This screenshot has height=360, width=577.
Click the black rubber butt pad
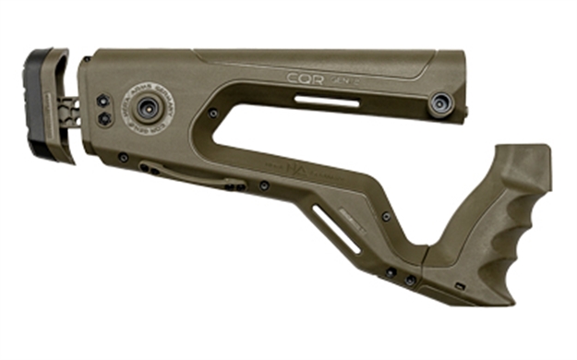pos(37,106)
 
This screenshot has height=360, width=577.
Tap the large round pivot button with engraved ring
pos(146,109)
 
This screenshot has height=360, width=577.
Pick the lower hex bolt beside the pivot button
pos(103,118)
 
